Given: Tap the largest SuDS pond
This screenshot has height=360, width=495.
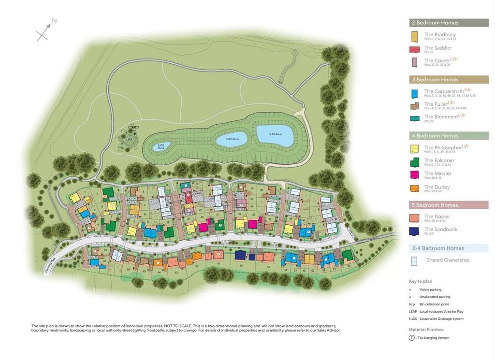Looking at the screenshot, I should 274,135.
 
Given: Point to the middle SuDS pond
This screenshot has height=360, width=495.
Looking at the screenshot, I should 231,139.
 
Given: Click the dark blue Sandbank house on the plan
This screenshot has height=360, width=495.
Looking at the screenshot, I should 241,255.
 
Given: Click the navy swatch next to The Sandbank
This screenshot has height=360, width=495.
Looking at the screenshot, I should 414,231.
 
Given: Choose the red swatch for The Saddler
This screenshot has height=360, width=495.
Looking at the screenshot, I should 414,49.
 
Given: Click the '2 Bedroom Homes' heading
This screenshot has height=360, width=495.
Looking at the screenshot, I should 435,23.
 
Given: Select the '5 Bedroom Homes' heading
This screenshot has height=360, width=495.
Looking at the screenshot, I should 435,205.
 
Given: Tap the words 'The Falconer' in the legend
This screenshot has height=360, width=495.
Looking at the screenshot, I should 439,160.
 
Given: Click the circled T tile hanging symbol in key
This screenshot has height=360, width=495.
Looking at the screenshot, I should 411,338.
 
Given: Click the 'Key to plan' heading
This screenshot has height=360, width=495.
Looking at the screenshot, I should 420,281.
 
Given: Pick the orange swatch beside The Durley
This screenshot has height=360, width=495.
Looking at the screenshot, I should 414,188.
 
